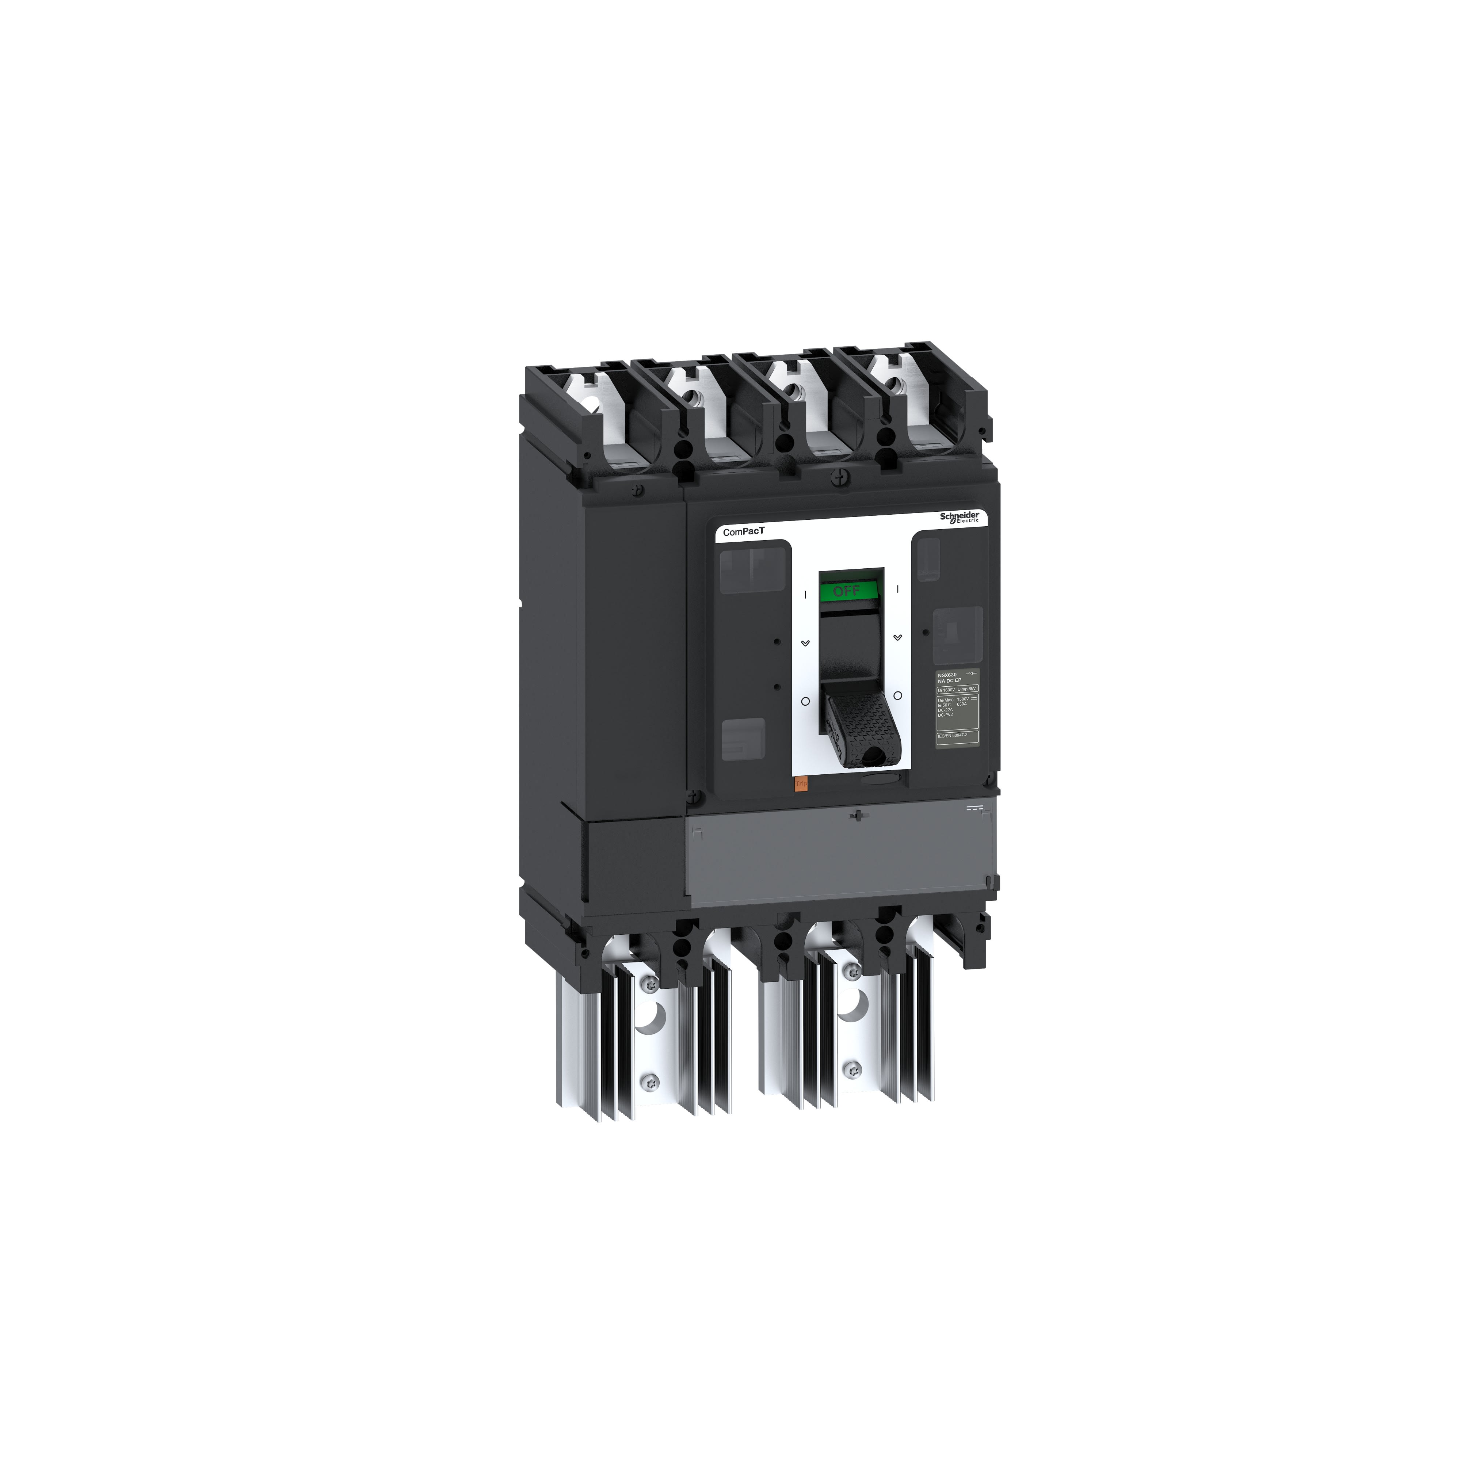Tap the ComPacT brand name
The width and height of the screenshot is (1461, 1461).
(x=743, y=531)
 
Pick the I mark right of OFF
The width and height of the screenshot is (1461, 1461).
(x=897, y=588)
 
